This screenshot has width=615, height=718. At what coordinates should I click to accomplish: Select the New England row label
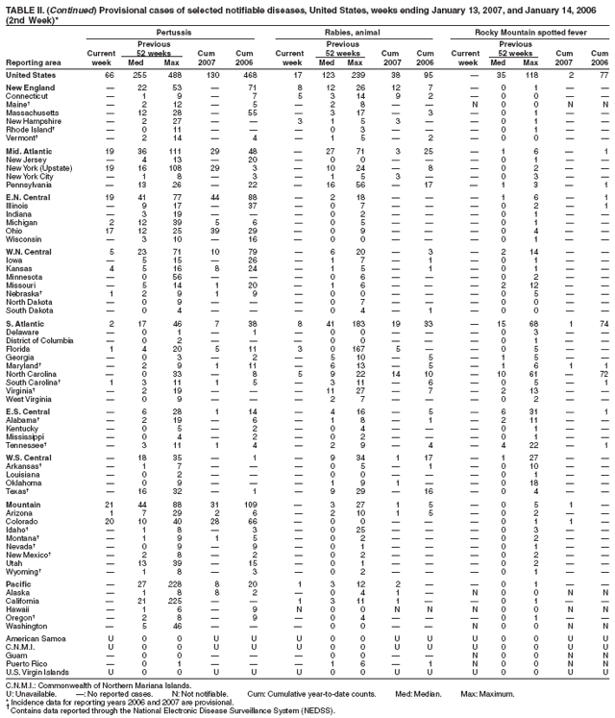pyautogui.click(x=29, y=87)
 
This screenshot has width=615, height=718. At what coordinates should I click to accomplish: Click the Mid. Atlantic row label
pyautogui.click(x=30, y=151)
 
